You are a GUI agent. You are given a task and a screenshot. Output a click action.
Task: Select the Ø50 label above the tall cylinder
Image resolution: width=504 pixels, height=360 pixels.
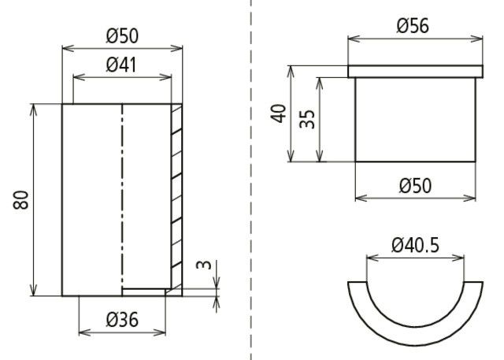[x=122, y=36]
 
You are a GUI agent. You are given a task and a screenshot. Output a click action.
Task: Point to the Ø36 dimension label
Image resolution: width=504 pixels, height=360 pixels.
[x=122, y=321]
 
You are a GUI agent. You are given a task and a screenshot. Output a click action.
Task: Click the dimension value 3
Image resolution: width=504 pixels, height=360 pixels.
[x=204, y=265]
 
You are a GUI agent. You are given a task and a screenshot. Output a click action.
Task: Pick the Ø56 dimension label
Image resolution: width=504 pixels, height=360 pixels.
[x=413, y=26]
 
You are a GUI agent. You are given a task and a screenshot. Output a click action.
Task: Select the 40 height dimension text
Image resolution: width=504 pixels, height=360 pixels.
[x=277, y=113]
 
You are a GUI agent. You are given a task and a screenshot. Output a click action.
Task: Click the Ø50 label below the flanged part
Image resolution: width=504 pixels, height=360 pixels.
[x=414, y=186]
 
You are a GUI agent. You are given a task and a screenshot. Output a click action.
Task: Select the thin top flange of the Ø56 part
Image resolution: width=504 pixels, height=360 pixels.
[x=414, y=72]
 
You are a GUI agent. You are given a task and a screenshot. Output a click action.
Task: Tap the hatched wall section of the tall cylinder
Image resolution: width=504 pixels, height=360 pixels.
[x=176, y=197]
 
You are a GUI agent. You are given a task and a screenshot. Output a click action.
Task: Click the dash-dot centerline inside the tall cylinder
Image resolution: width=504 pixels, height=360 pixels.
[x=122, y=197]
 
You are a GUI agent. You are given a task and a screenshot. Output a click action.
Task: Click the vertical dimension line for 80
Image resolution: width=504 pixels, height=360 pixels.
[x=35, y=200]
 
